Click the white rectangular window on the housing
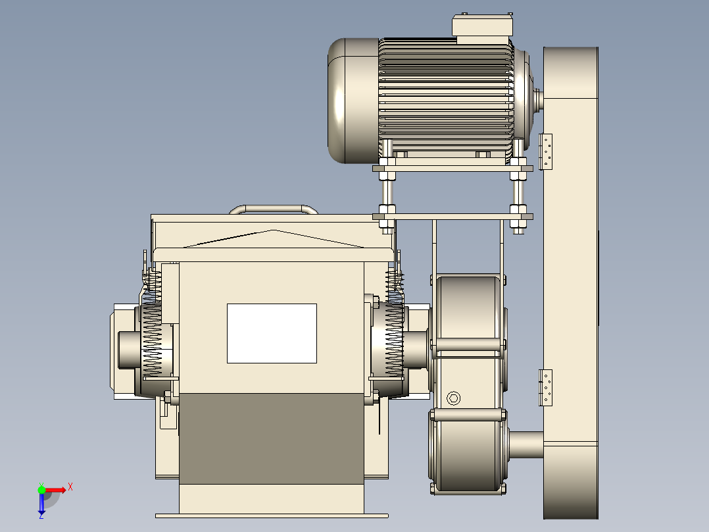click(x=272, y=333)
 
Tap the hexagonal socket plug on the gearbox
click(x=454, y=398)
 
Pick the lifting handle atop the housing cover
click(x=274, y=209)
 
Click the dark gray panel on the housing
click(x=272, y=439)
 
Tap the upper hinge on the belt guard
click(x=546, y=151)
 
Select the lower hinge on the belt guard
click(x=546, y=388)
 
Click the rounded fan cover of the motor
click(x=353, y=101)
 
